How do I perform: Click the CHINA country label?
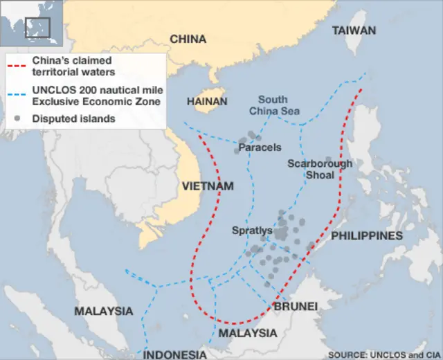pos(188,39)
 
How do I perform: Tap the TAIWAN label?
pos(354,30)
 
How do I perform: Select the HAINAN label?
pos(206,101)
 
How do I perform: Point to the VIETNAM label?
pos(208,186)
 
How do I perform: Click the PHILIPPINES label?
pos(367,236)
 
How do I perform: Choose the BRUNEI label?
pos(296,306)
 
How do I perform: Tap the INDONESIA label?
pos(175,354)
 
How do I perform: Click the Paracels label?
pos(260,147)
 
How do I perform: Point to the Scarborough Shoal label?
pos(320,169)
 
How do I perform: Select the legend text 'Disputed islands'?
pos(73,118)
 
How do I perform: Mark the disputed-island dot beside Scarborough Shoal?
pos(328,159)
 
